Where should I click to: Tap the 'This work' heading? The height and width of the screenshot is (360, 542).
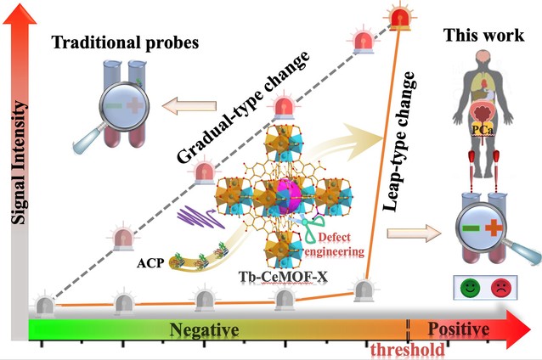coord(478,37)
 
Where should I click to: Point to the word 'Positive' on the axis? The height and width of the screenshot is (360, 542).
coord(459,329)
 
